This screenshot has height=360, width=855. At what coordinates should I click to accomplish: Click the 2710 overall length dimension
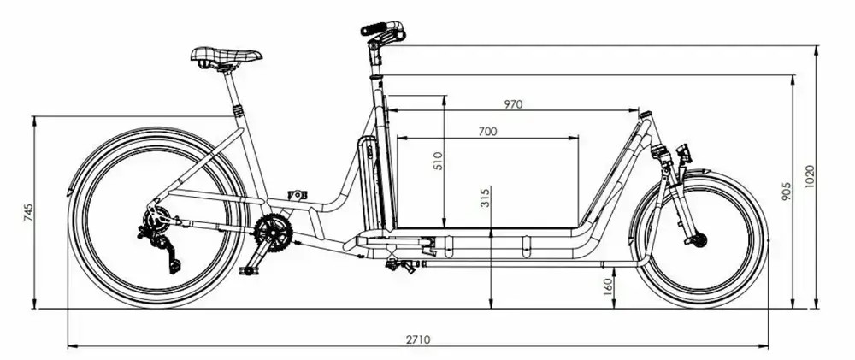tap(418, 339)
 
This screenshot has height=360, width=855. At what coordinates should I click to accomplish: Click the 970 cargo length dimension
tap(513, 104)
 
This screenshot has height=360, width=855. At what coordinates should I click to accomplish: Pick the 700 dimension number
tap(487, 132)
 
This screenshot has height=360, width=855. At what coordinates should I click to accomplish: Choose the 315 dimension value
tap(485, 199)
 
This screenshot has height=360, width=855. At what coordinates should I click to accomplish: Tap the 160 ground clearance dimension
tap(607, 286)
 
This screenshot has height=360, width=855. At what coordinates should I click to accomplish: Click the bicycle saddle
tap(226, 57)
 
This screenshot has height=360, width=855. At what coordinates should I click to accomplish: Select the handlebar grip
tap(376, 29)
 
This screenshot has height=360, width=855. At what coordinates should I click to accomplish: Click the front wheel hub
tap(699, 240)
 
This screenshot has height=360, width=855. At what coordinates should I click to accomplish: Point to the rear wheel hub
tap(155, 224)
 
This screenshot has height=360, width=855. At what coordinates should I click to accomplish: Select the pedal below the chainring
tap(249, 270)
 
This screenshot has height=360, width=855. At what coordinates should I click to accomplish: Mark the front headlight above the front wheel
tap(683, 154)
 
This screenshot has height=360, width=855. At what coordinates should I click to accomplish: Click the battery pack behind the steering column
tap(369, 184)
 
